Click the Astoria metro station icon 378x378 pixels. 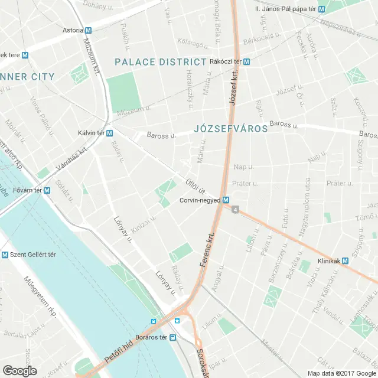[x=88, y=30]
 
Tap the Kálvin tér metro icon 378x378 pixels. [x=110, y=133]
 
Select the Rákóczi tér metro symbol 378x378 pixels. [x=246, y=61]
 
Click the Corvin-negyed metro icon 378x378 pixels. [x=226, y=201]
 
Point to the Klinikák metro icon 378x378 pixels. [x=345, y=260]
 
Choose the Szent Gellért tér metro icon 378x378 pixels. [x=5, y=255]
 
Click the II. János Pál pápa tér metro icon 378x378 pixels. [x=321, y=9]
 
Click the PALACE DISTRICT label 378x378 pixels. [x=160, y=61]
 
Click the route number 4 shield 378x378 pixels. [x=236, y=210]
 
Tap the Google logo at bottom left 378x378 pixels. [x=19, y=371]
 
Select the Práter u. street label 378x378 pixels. [x=245, y=184]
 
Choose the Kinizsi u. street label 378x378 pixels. [x=144, y=225]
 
